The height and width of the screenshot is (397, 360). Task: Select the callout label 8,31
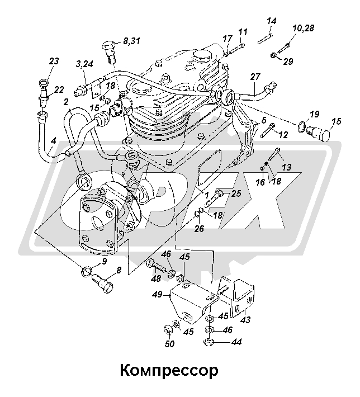point(132,40)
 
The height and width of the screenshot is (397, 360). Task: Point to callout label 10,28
point(303,28)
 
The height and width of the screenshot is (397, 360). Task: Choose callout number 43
point(244,319)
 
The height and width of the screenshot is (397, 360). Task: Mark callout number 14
point(272,21)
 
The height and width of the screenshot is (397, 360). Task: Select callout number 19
point(314,115)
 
